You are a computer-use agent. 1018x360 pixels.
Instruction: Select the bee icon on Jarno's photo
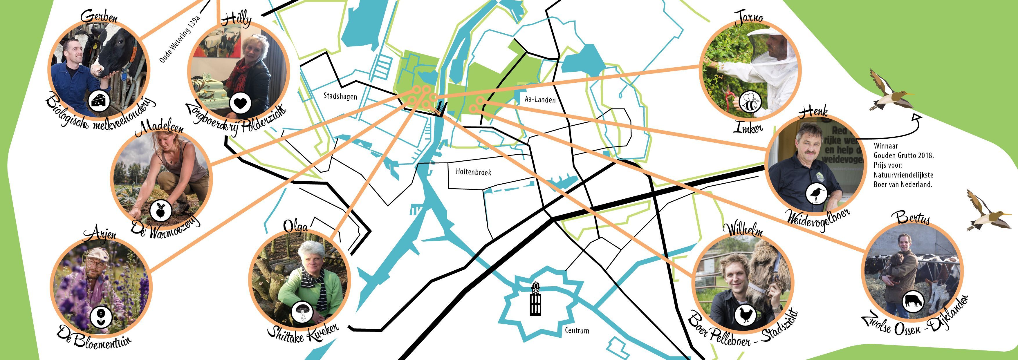pyautogui.click(x=749, y=103)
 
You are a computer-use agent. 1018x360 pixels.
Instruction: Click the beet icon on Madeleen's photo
pyautogui.click(x=160, y=209)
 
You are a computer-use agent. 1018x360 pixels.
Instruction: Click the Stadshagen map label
pyautogui.click(x=340, y=96)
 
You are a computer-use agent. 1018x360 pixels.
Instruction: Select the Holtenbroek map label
pyautogui.click(x=473, y=172)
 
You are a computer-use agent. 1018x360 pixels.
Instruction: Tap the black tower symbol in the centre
pyautogui.click(x=535, y=299)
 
